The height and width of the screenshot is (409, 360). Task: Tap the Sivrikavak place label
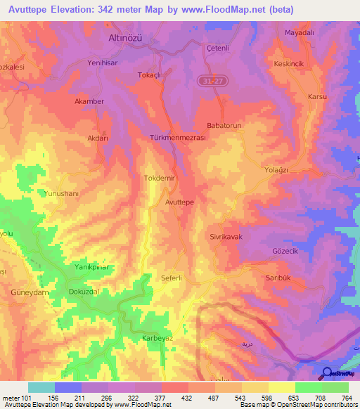click(226, 238)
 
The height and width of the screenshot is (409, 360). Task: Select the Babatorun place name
click(224, 125)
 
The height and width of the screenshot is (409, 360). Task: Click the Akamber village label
click(89, 101)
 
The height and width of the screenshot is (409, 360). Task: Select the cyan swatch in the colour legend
click(41, 387)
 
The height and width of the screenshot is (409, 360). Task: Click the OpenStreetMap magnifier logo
click(328, 372)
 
